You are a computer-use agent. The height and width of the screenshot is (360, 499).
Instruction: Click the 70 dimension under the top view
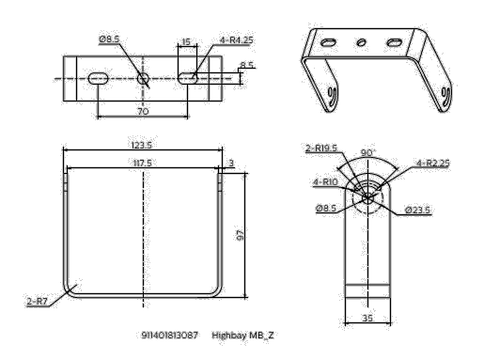[x=143, y=110]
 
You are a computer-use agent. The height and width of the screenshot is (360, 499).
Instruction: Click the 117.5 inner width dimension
[x=142, y=162]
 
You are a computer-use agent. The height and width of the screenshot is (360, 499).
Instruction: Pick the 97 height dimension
[x=242, y=234]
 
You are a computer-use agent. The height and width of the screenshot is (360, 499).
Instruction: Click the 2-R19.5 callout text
[x=322, y=148]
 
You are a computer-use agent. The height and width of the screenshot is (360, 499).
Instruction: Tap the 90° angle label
[x=367, y=151]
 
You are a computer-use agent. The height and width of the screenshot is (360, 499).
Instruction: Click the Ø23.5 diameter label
[x=418, y=210]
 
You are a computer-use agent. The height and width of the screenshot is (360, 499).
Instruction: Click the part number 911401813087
[x=170, y=335]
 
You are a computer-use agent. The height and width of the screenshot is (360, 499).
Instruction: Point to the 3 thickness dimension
[x=230, y=162]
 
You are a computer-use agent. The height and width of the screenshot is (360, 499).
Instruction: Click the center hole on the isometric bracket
[x=360, y=41]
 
